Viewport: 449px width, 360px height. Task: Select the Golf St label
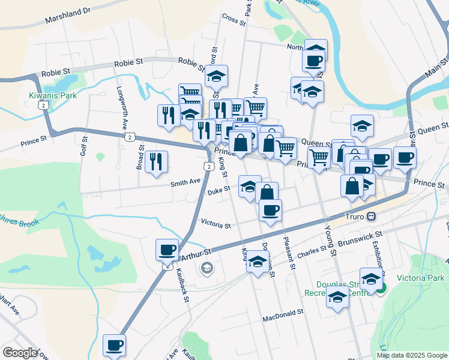(x=83, y=146)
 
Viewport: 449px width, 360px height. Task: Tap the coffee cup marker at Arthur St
(x=167, y=249)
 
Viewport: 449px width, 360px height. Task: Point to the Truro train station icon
(x=372, y=216)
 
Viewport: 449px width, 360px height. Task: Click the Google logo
(x=19, y=353)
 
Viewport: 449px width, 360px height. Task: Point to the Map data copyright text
(x=411, y=355)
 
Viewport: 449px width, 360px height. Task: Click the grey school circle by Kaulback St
(x=207, y=268)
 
